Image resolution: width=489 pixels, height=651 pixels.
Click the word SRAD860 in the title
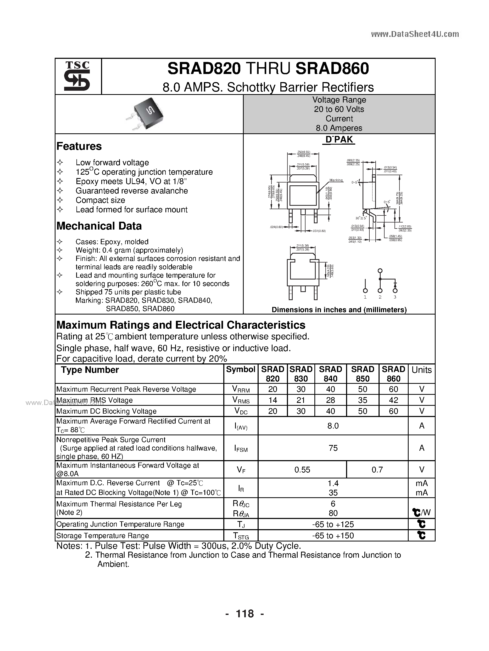pos(332,68)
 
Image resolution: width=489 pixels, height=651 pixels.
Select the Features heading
pos(79,146)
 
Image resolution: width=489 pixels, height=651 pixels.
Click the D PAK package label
pos(339,140)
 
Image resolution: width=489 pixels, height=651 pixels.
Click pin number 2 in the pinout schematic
pos(380,297)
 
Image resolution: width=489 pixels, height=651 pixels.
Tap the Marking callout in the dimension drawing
pos(336,180)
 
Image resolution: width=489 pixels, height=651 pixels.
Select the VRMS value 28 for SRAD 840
pos(330,400)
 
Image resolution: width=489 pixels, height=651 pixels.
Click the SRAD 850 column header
pos(363,374)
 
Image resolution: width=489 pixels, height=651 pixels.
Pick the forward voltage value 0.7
pos(377,470)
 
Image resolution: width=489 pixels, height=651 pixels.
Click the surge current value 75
pos(333,448)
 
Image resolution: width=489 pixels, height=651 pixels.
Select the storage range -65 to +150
pos(333,536)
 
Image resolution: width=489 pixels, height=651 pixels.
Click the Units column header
pos(421,370)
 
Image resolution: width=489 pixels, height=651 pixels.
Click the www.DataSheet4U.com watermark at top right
pos(415,35)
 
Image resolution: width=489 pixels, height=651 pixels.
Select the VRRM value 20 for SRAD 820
pos(273,389)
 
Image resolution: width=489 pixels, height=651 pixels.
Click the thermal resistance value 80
pos(333,513)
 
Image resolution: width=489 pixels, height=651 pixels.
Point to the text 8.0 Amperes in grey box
pos(339,128)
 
